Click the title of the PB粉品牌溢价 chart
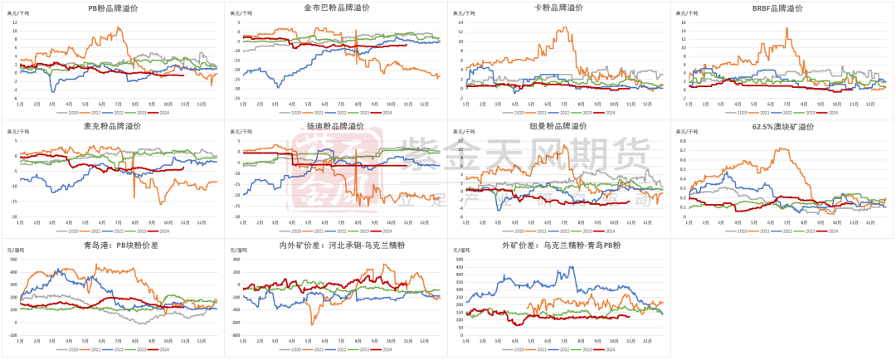click(113, 8)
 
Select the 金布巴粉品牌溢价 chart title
click(337, 8)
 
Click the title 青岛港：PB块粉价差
click(113, 246)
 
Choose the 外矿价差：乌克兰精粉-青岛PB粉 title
click(559, 246)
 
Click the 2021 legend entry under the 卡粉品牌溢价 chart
click(542, 112)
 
